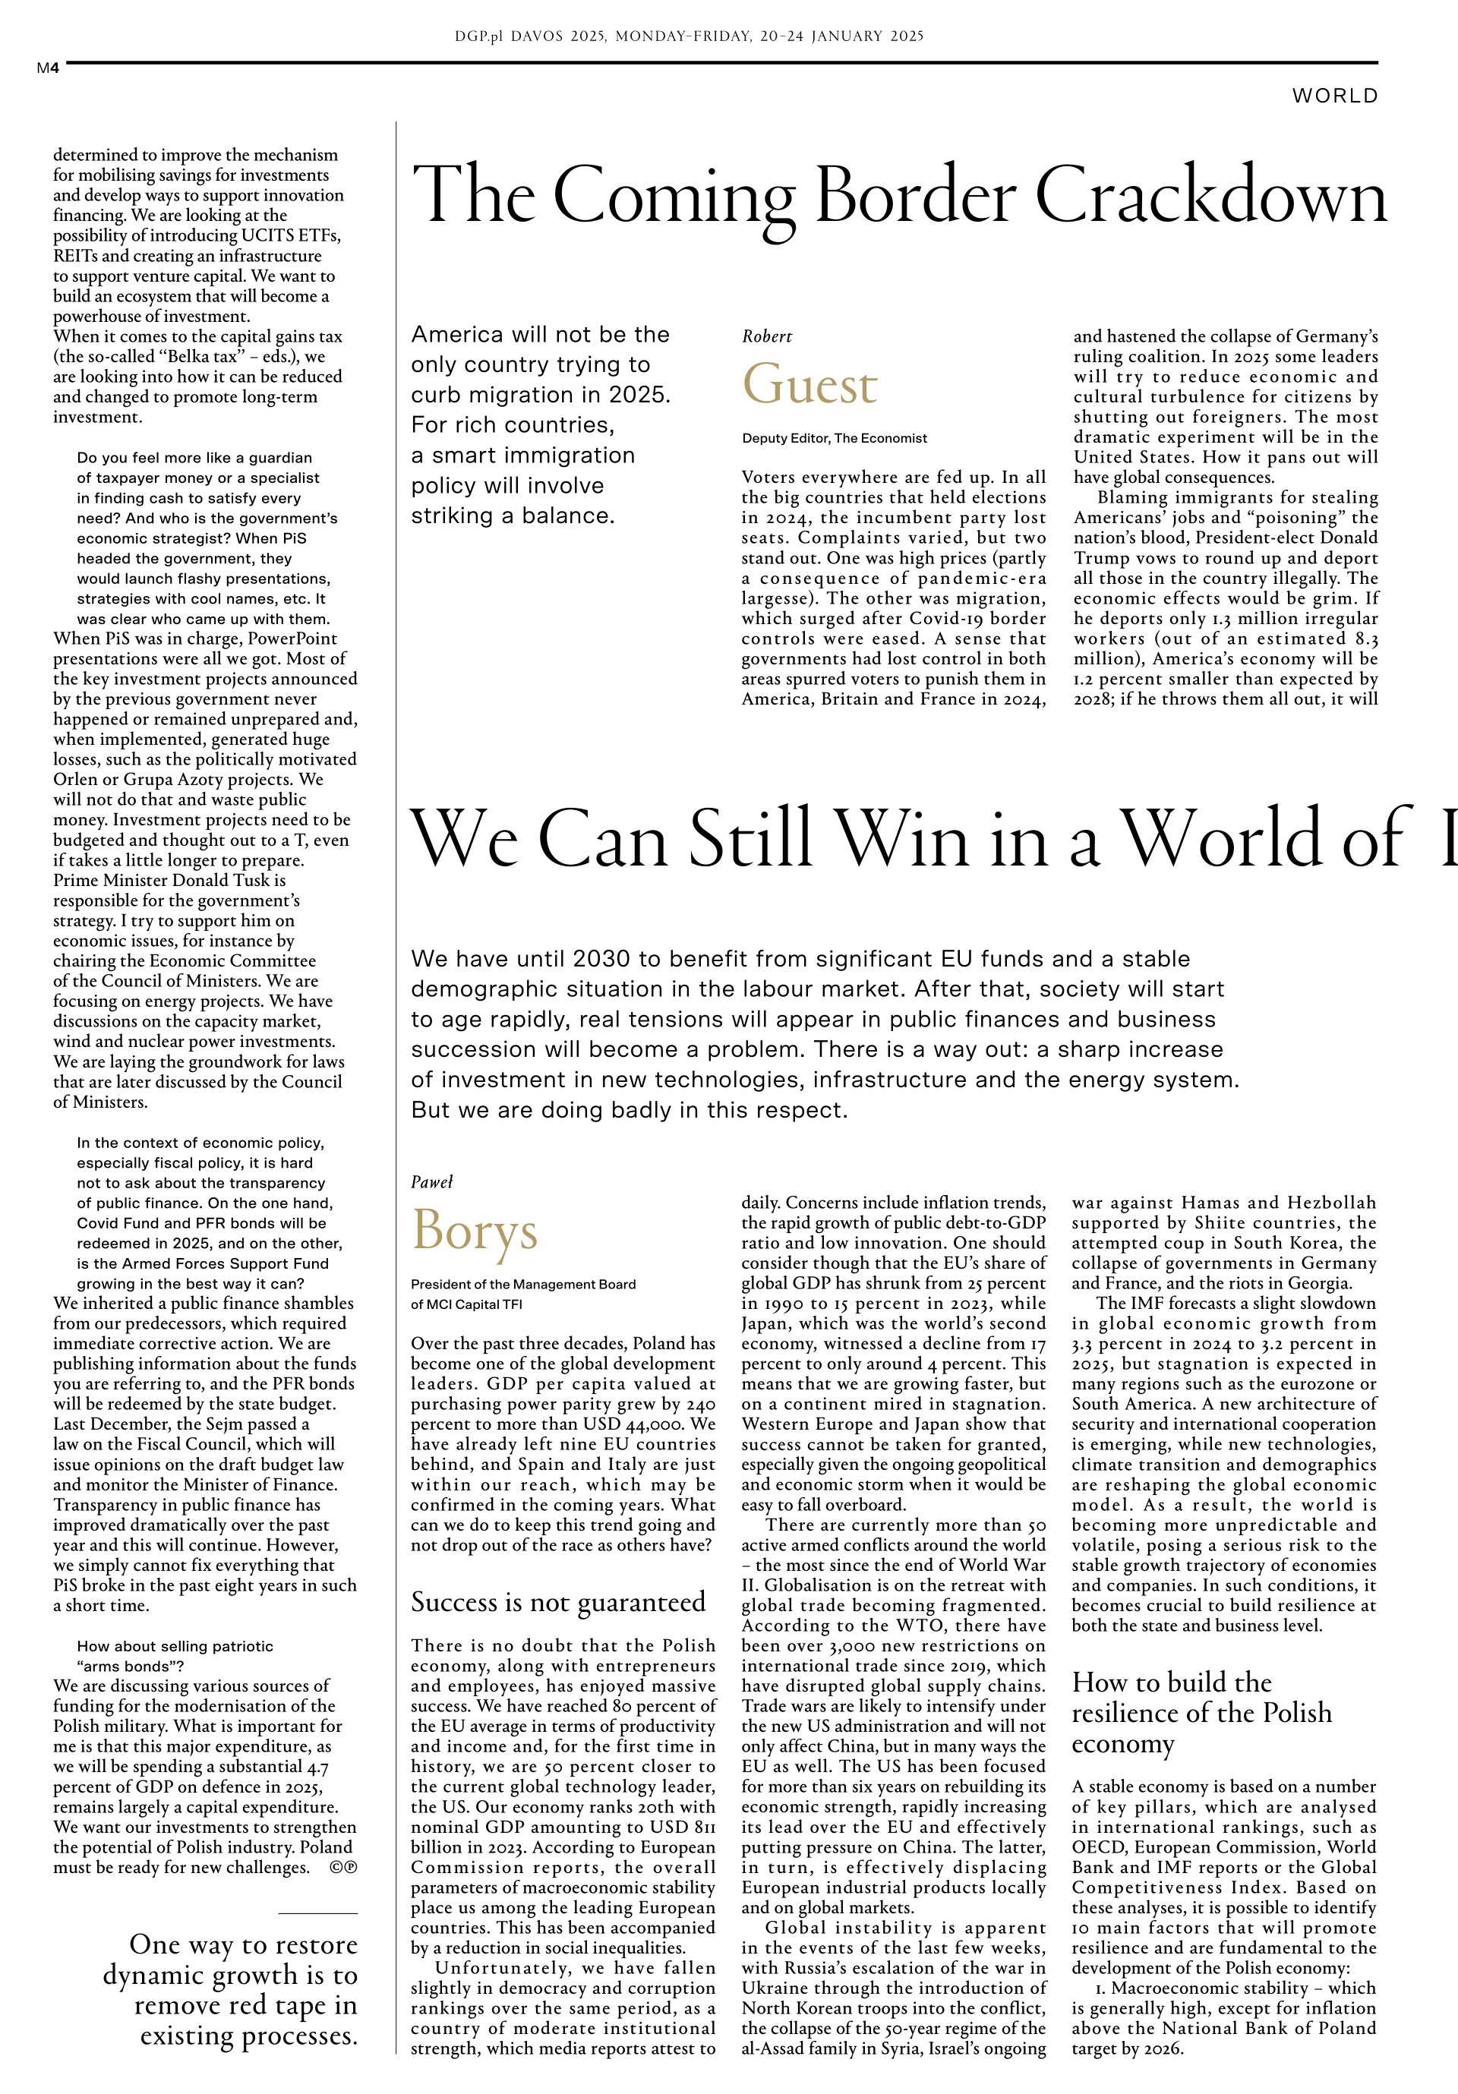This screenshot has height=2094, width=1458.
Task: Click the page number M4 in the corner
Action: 47,68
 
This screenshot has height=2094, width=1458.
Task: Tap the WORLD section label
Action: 1334,96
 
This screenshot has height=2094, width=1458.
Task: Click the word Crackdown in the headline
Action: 1210,196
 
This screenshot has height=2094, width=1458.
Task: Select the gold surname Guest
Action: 809,386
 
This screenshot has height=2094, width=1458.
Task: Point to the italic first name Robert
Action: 766,336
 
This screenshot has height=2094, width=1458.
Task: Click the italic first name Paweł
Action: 431,1182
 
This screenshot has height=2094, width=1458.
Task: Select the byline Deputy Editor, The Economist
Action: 834,438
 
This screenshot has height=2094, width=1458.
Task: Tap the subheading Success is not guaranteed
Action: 557,1601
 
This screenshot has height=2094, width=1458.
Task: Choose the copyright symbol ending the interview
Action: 344,1867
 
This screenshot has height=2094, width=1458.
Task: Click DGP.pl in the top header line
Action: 479,36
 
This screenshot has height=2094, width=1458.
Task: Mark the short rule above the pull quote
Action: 317,1913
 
